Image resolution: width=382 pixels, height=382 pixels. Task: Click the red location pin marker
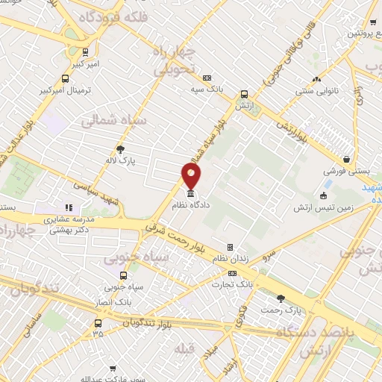pyautogui.click(x=192, y=176)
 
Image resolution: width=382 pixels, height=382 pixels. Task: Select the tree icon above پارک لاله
pyautogui.click(x=120, y=148)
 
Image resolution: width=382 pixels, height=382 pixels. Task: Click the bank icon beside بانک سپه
pyautogui.click(x=207, y=78)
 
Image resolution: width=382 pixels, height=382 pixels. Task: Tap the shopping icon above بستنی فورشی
pyautogui.click(x=346, y=159)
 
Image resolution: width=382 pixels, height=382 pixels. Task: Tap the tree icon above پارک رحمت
pyautogui.click(x=281, y=298)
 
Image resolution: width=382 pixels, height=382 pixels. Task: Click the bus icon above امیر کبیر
pyautogui.click(x=85, y=52)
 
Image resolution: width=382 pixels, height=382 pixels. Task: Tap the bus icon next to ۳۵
pyautogui.click(x=98, y=323)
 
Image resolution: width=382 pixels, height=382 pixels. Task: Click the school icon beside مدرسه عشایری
pyautogui.click(x=68, y=208)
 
